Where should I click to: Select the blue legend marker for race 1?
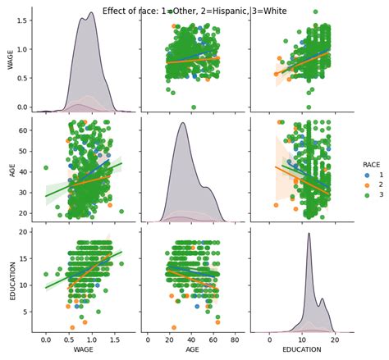[366, 175]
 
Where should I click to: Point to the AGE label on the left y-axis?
[11, 171]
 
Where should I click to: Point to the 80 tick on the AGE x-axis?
[236, 339]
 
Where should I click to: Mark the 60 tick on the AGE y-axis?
[25, 130]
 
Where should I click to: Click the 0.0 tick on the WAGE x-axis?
[46, 339]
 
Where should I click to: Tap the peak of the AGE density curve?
[182, 123]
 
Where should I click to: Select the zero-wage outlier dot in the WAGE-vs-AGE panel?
[194, 107]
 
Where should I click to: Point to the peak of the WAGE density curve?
[90, 13]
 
